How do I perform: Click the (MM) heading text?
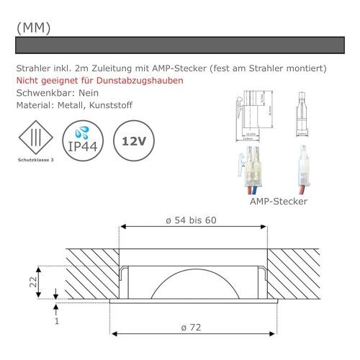33,27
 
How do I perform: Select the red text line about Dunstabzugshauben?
99,80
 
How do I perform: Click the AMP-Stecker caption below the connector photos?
278,202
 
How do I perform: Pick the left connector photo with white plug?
251,170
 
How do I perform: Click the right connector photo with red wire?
302,170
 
